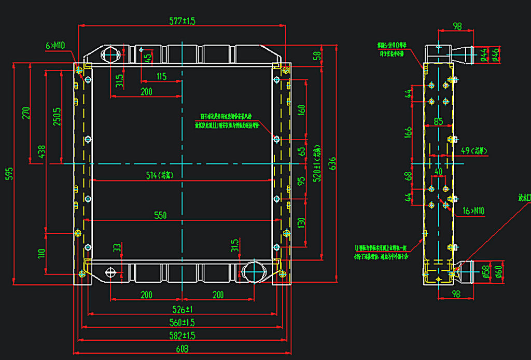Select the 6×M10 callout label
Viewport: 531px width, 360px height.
point(54,46)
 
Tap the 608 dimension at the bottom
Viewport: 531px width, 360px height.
point(181,349)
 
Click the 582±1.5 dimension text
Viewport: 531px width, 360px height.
point(181,336)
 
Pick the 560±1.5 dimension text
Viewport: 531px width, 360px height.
point(181,323)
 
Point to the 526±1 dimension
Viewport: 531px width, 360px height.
point(181,310)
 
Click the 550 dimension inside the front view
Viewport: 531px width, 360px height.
point(161,215)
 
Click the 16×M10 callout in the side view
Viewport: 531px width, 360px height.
point(472,211)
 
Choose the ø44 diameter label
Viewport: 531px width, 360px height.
point(483,54)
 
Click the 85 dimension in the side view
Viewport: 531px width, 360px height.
point(439,122)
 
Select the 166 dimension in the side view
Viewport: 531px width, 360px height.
point(408,132)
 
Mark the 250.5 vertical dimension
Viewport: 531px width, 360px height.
point(57,117)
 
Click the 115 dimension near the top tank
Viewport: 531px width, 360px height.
point(161,77)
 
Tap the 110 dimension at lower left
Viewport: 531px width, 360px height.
point(41,253)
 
